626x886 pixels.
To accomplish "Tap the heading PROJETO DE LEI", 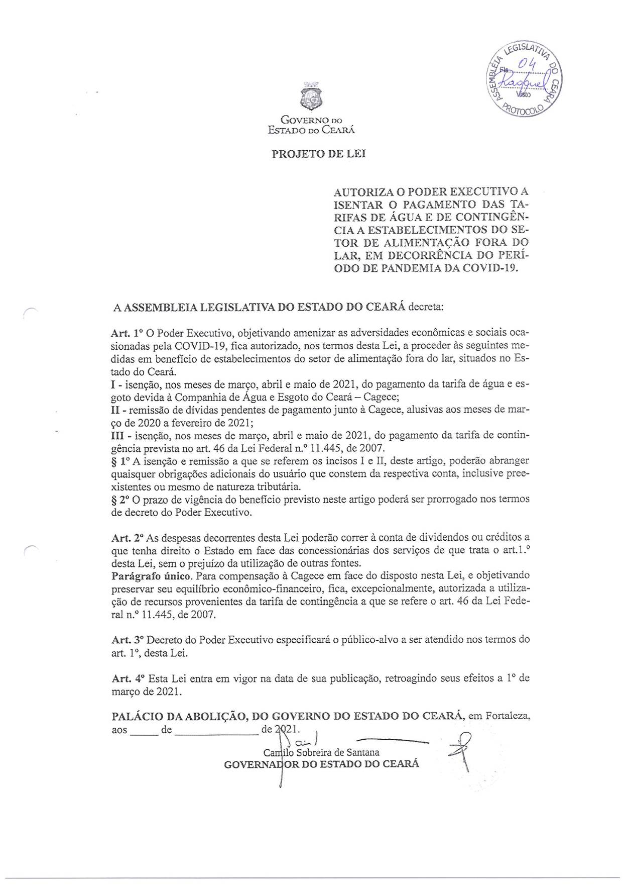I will pyautogui.click(x=319, y=154).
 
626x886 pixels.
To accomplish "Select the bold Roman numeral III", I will pyautogui.click(x=117, y=435).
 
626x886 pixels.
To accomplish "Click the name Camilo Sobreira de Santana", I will pyautogui.click(x=321, y=752).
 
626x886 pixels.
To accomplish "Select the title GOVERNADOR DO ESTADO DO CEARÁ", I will pyautogui.click(x=321, y=764).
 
